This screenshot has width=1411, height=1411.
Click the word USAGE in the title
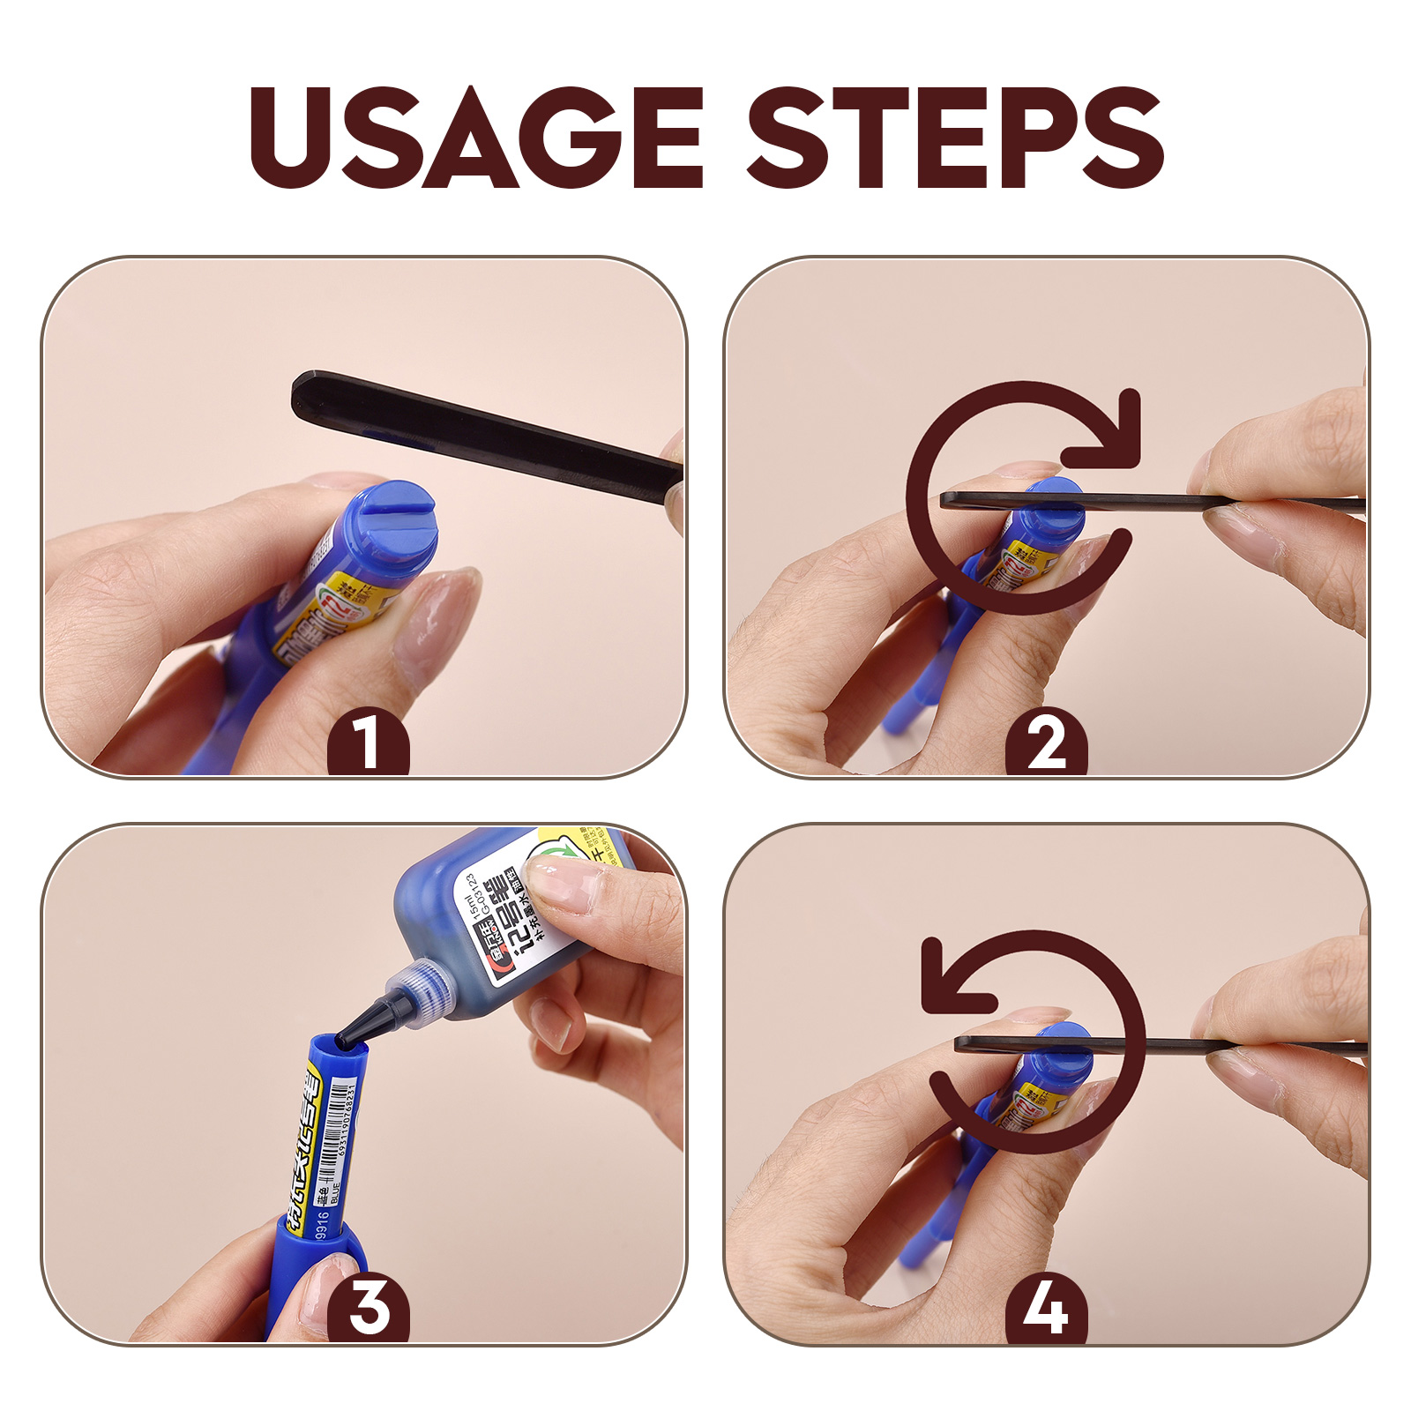pyautogui.click(x=476, y=138)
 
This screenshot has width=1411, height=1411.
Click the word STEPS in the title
pyautogui.click(x=955, y=138)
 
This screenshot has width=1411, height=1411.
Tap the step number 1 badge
pyautogui.click(x=368, y=743)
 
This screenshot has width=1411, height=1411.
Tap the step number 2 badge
pyautogui.click(x=1047, y=743)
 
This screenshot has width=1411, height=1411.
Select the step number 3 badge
pyautogui.click(x=368, y=1308)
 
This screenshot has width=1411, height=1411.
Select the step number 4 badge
pyautogui.click(x=1047, y=1308)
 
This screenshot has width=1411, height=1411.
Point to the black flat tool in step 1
pyautogui.click(x=476, y=432)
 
